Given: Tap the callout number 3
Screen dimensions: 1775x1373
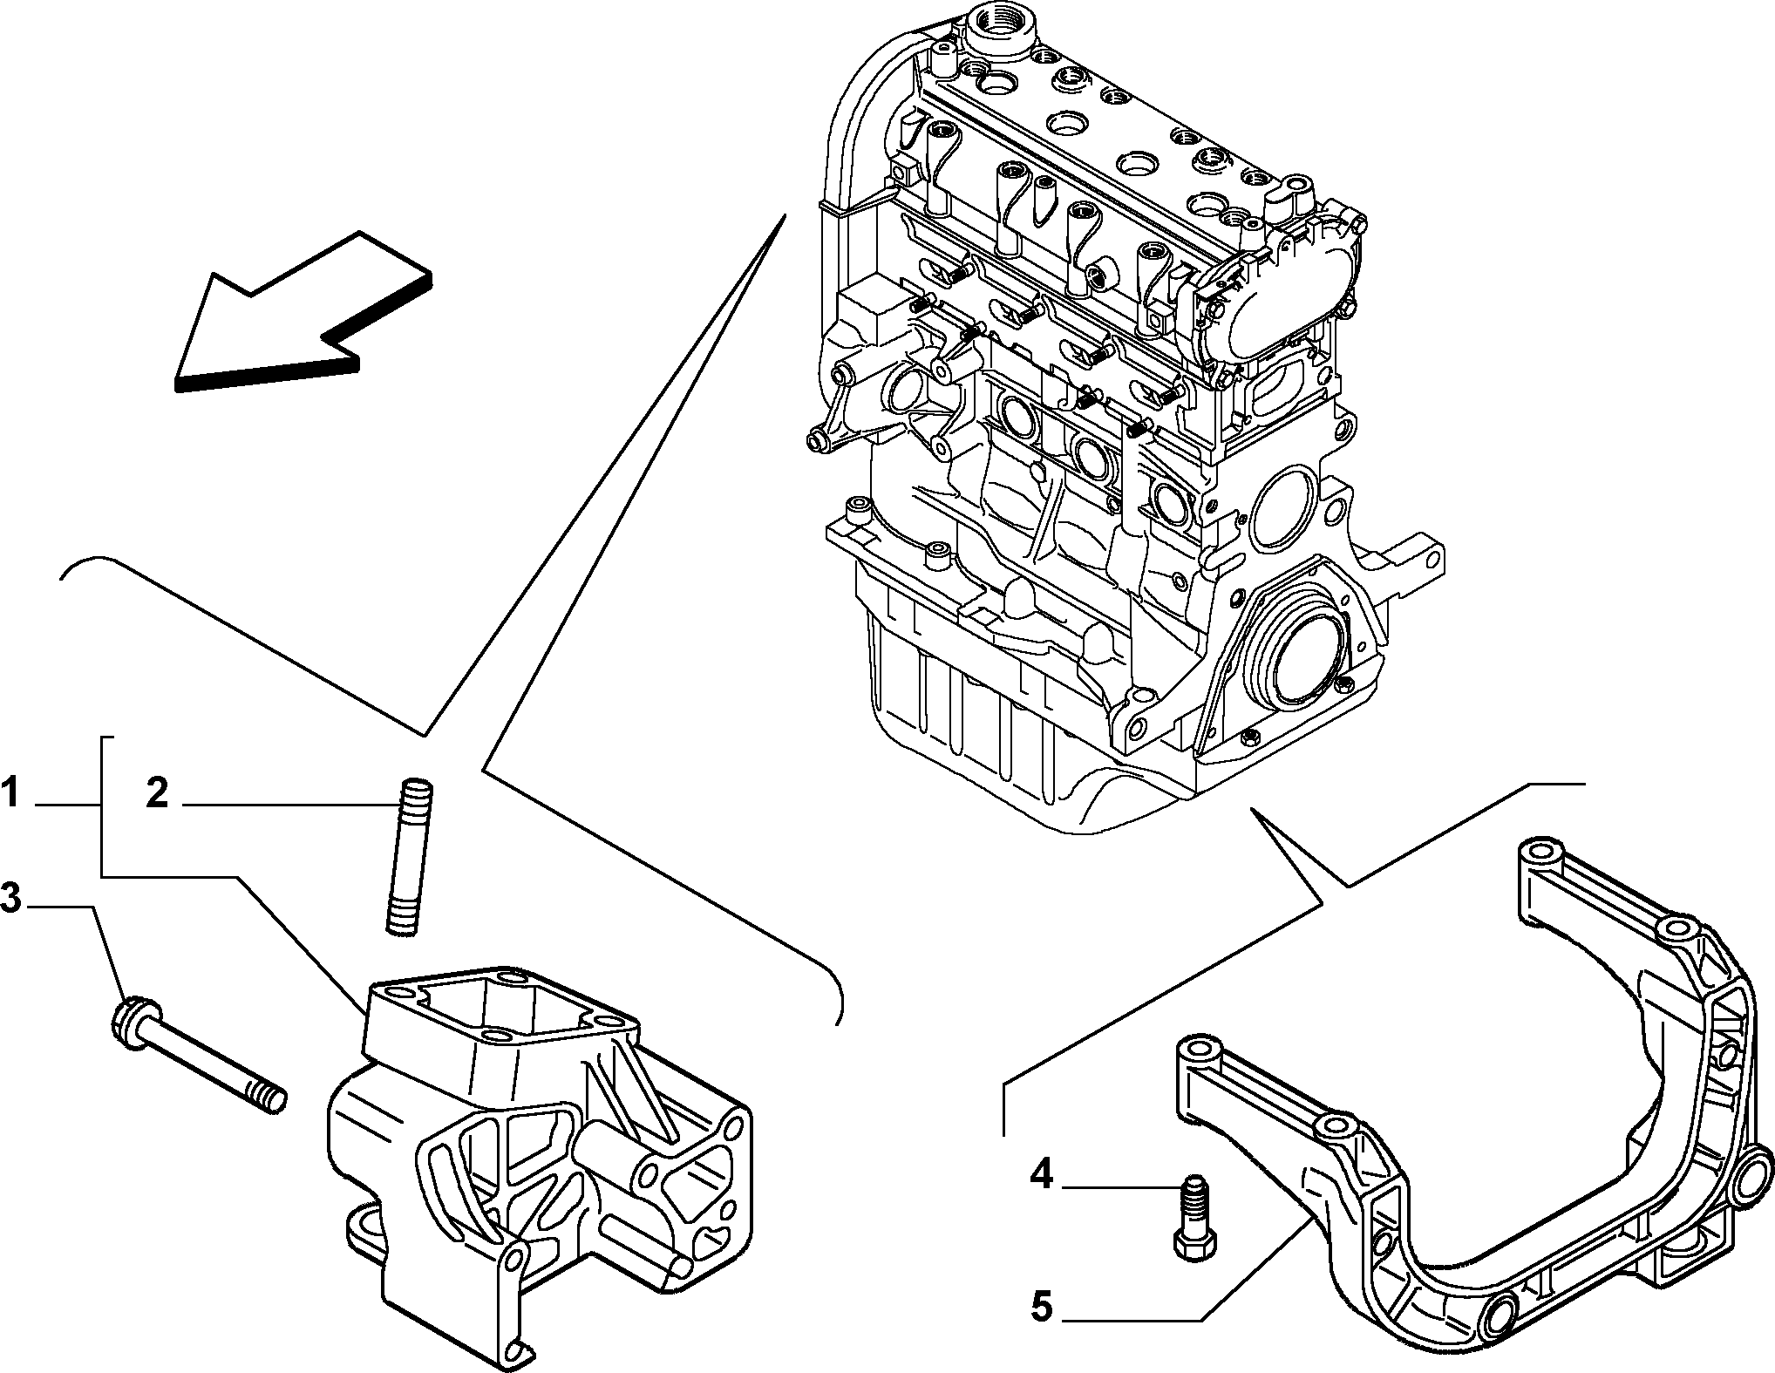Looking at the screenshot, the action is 10,899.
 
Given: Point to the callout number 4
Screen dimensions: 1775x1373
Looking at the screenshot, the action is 1041,1176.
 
